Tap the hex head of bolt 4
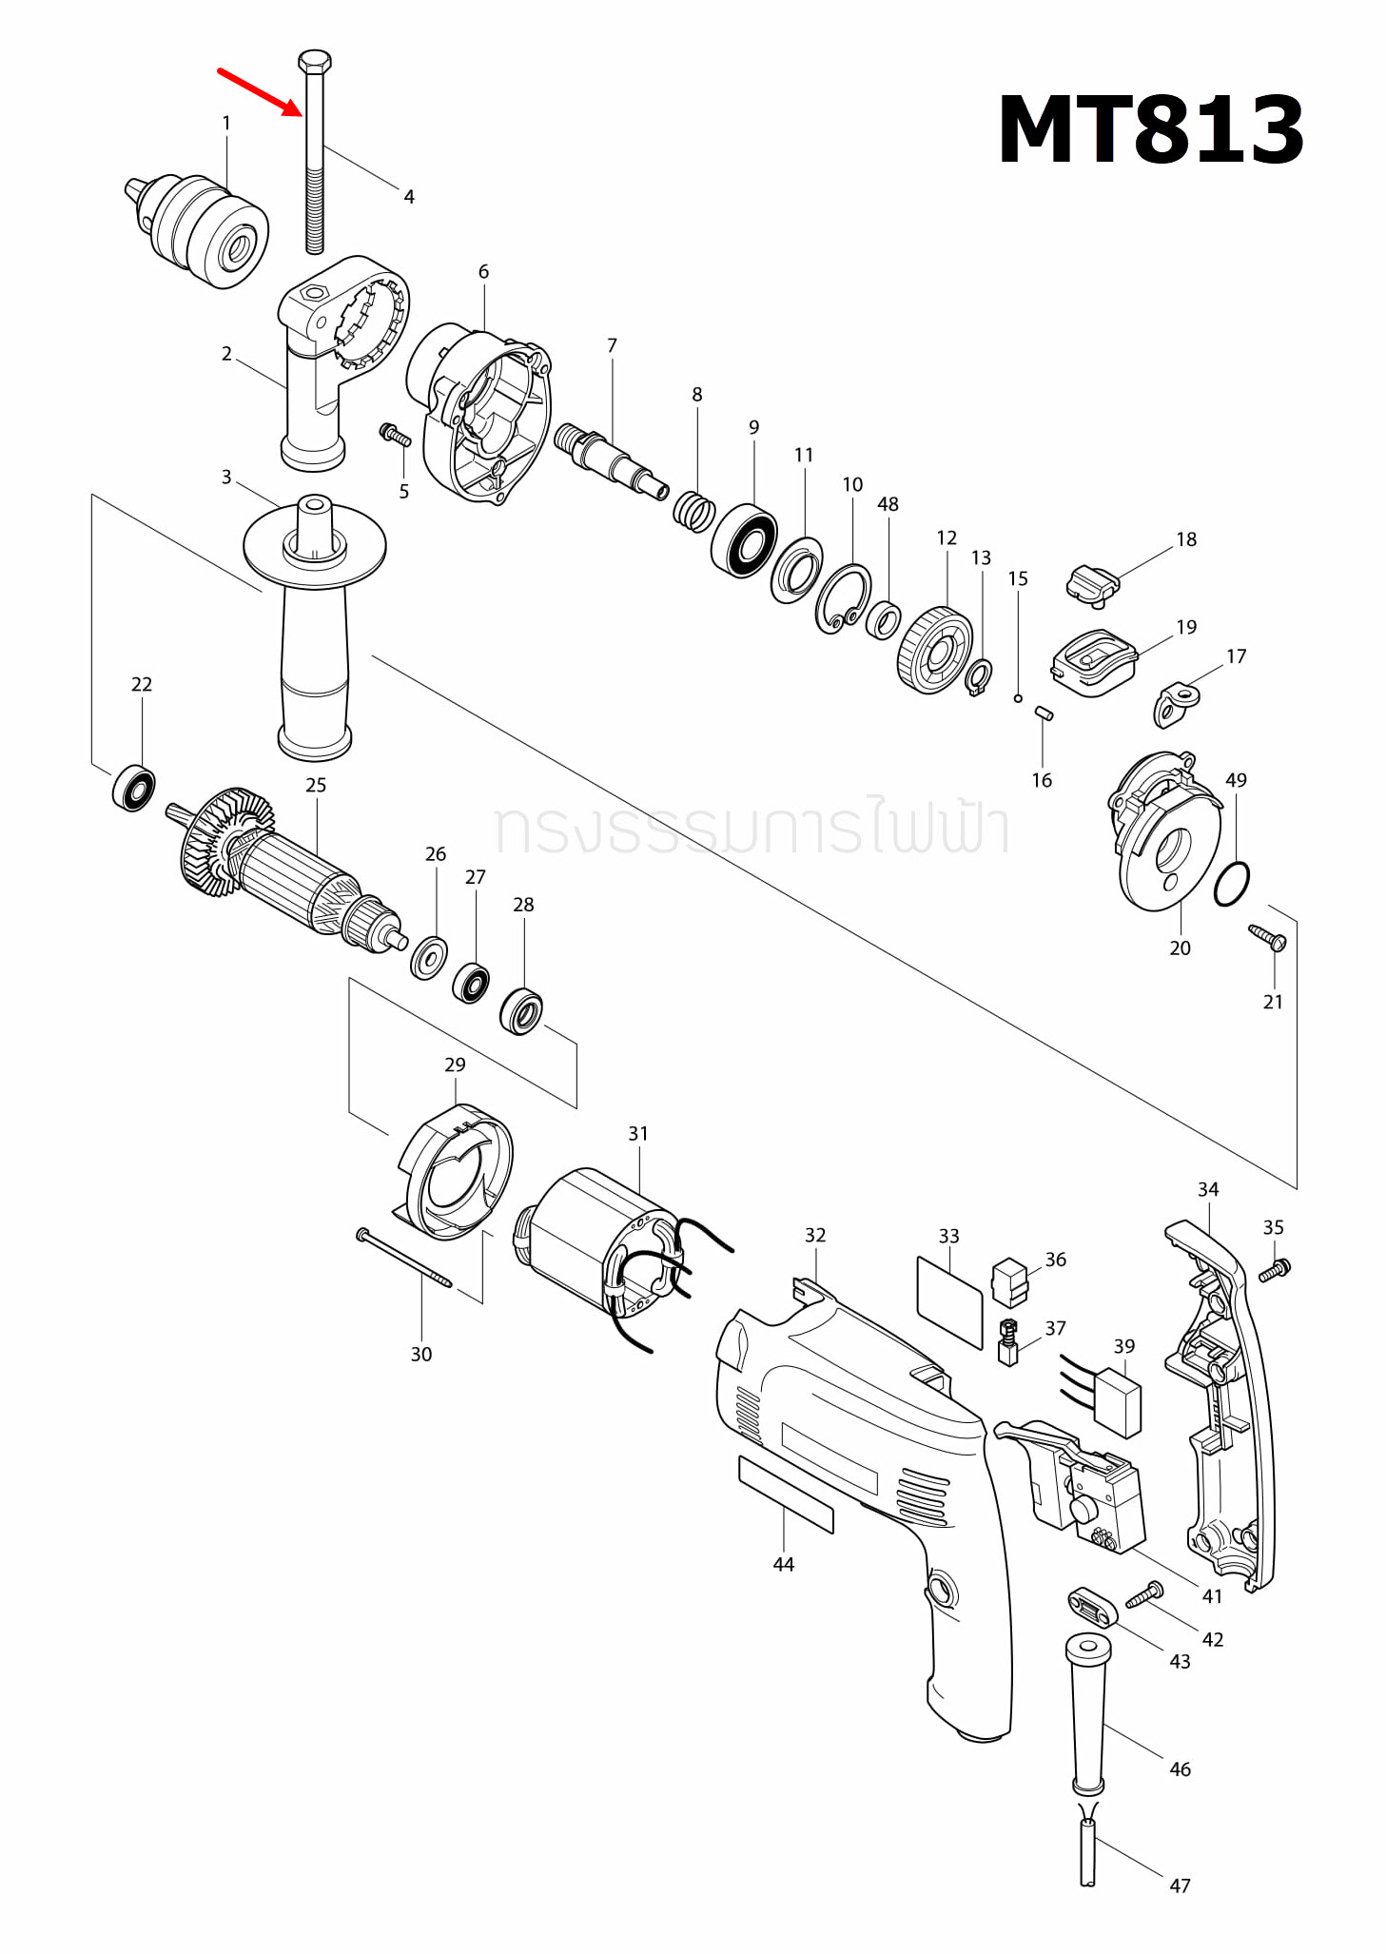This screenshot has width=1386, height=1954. click(315, 62)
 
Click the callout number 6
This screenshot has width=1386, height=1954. click(483, 272)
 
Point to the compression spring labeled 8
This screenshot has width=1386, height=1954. click(694, 512)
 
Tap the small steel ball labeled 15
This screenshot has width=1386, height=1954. click(1018, 698)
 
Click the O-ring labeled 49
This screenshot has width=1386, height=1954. click(1232, 885)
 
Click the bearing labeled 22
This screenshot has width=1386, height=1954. click(134, 788)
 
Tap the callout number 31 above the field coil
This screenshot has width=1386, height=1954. click(637, 1134)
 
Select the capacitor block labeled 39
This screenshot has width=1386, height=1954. click(1117, 1402)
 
